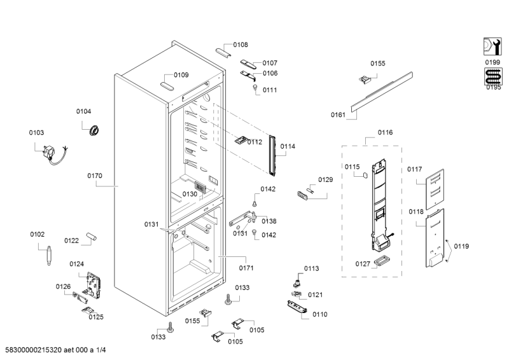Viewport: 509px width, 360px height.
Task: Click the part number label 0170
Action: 95,176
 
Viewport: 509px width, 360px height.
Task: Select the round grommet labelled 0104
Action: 94,130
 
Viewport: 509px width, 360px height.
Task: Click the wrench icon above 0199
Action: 492,46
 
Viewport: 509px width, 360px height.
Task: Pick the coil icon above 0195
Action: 493,77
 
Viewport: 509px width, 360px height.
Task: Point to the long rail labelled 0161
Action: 382,91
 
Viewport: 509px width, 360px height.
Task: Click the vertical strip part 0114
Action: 272,155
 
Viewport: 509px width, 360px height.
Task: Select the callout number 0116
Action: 386,132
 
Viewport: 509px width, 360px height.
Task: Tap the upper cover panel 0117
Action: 435,189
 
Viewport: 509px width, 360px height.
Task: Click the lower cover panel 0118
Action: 435,238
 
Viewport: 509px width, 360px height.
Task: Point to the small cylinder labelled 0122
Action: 91,237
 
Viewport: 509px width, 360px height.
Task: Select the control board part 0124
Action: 93,285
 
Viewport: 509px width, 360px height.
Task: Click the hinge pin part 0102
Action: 49,256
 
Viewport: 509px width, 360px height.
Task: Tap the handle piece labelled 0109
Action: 167,87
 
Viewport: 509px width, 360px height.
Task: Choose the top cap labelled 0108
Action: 223,53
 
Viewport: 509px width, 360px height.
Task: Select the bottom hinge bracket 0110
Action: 297,307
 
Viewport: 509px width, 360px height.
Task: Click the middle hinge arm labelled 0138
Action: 243,219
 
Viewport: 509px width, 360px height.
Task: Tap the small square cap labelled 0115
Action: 365,175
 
